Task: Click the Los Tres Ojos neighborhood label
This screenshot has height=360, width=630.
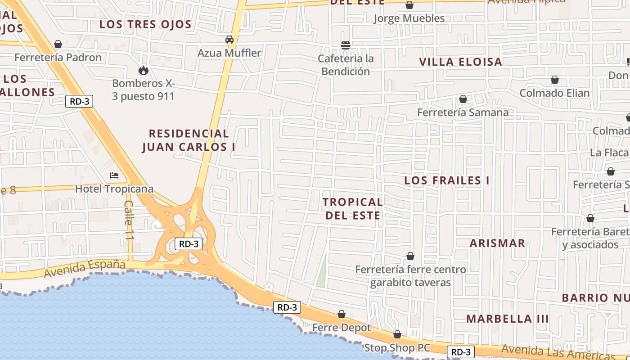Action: pyautogui.click(x=145, y=24)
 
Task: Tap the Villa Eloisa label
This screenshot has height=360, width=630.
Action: pyautogui.click(x=460, y=62)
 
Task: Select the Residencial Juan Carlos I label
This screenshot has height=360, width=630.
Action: pyautogui.click(x=189, y=140)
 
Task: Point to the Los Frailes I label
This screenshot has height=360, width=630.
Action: pyautogui.click(x=446, y=180)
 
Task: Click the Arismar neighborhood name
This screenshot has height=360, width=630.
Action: pyautogui.click(x=497, y=243)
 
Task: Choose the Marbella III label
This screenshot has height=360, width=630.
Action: pyautogui.click(x=507, y=319)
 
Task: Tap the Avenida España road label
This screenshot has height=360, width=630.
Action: pyautogui.click(x=85, y=268)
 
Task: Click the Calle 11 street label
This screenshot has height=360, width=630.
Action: pyautogui.click(x=128, y=220)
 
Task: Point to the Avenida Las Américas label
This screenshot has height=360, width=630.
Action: pyautogui.click(x=558, y=353)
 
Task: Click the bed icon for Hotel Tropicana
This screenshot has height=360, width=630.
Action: pyautogui.click(x=114, y=175)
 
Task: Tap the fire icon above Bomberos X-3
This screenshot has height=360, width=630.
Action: pyautogui.click(x=143, y=70)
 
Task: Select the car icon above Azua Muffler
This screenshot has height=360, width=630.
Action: pyautogui.click(x=229, y=40)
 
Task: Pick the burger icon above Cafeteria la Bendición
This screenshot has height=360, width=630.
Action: pyautogui.click(x=346, y=45)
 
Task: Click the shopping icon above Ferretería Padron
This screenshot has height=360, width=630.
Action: pyautogui.click(x=58, y=44)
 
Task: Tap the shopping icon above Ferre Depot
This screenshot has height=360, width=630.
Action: pyautogui.click(x=342, y=314)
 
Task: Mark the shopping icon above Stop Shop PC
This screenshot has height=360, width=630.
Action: pyautogui.click(x=397, y=334)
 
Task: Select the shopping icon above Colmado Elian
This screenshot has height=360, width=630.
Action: pyautogui.click(x=555, y=80)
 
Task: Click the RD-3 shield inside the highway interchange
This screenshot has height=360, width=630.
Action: pyautogui.click(x=189, y=244)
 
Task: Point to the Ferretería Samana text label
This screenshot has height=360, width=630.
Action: pyautogui.click(x=463, y=112)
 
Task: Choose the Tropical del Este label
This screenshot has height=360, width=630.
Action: pyautogui.click(x=352, y=208)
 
